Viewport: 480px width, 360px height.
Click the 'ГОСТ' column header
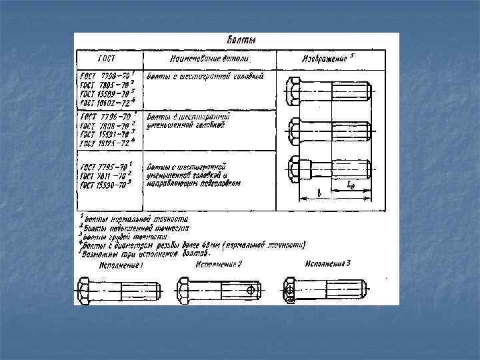coord(107,58)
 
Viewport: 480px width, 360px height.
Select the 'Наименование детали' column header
coord(207,58)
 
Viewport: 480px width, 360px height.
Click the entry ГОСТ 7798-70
coord(107,75)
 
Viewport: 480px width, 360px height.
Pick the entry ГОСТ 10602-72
coord(107,103)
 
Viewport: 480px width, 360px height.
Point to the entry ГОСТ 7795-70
coord(107,165)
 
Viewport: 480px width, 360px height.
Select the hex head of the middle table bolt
coord(295,130)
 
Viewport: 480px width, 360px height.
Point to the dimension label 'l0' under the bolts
coord(351,187)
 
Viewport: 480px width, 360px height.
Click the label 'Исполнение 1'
coord(121,265)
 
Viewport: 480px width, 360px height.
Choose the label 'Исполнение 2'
coord(218,265)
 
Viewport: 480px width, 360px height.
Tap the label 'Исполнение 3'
coord(327,263)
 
